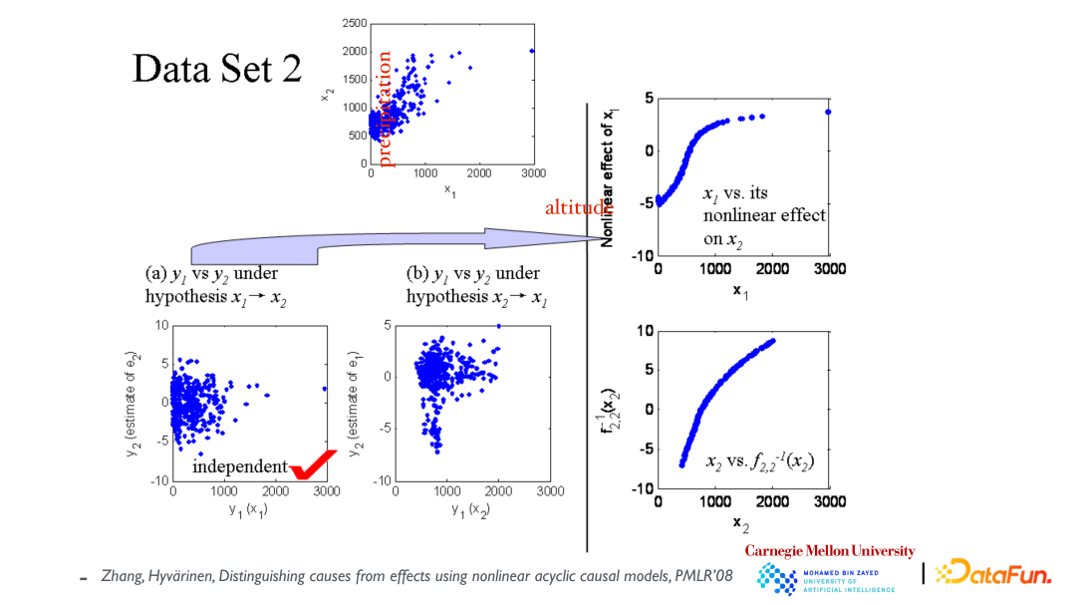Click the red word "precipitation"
pyautogui.click(x=385, y=108)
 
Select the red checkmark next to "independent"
pyautogui.click(x=312, y=464)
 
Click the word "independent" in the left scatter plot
pyautogui.click(x=239, y=466)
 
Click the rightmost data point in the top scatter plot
pyautogui.click(x=532, y=51)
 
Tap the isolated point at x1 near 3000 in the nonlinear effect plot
pyautogui.click(x=828, y=112)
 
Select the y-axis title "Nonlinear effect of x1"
pyautogui.click(x=608, y=170)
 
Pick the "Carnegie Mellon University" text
pyautogui.click(x=830, y=551)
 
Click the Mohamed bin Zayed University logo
pyautogui.click(x=826, y=578)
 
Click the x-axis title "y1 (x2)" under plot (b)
pyautogui.click(x=471, y=510)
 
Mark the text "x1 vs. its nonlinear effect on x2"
pyautogui.click(x=764, y=215)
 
